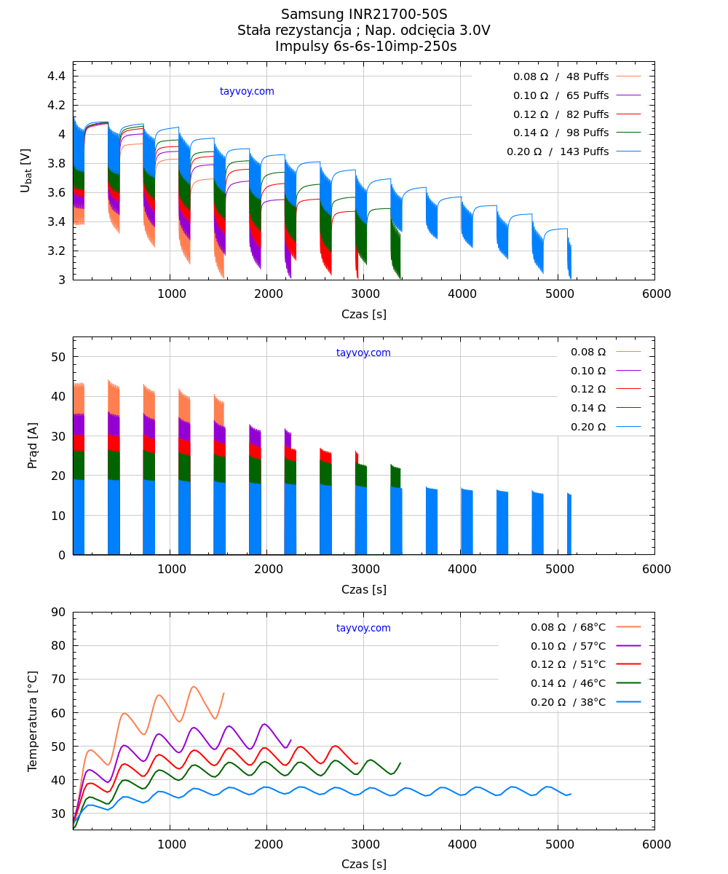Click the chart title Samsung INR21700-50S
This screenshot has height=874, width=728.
[364, 15]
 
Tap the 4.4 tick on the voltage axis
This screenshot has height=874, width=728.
[56, 76]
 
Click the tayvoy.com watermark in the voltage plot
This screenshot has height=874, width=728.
[247, 92]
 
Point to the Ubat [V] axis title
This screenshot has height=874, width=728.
[26, 170]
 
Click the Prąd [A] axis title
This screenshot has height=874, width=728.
[33, 445]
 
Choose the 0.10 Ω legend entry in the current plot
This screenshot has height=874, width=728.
[588, 371]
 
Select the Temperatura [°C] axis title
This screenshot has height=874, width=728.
[33, 721]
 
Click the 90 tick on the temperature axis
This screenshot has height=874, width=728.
[58, 612]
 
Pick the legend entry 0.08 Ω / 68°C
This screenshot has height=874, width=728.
[568, 627]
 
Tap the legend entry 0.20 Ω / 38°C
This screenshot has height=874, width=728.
[568, 702]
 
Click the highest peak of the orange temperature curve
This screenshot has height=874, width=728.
[194, 686]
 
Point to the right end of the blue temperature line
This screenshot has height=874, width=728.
[571, 794]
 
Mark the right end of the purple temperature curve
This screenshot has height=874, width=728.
[290, 740]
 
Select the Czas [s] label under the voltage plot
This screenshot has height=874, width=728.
[364, 315]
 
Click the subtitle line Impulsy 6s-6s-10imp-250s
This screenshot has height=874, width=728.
[365, 47]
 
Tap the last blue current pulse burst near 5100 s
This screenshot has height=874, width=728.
[569, 524]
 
